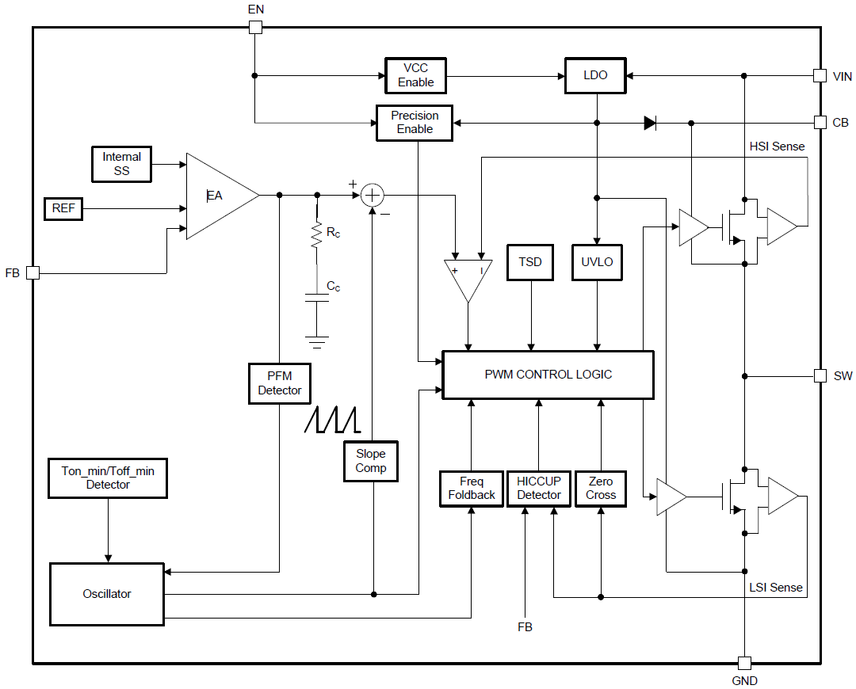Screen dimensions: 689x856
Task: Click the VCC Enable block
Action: [416, 75]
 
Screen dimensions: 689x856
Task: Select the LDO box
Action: [595, 75]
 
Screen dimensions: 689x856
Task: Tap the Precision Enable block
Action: [415, 123]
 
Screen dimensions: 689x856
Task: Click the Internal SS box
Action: [121, 164]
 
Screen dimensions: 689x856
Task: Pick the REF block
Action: [63, 209]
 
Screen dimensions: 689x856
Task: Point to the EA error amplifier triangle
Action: [218, 196]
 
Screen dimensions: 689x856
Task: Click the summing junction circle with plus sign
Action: [372, 195]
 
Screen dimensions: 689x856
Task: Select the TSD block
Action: [530, 262]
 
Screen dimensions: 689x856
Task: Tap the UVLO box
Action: [597, 262]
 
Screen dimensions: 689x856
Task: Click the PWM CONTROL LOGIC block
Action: [548, 375]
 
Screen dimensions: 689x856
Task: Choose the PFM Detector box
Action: [279, 383]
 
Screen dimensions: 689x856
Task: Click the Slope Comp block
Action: [370, 461]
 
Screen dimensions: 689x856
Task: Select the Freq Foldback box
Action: [471, 489]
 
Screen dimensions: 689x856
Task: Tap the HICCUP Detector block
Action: [538, 489]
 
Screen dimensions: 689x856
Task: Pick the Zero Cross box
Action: [601, 489]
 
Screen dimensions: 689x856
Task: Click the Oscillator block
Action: [107, 594]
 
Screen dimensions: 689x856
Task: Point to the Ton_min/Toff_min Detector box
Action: [108, 478]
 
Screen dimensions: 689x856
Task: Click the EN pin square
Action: [255, 28]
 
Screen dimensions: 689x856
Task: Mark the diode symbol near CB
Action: [650, 123]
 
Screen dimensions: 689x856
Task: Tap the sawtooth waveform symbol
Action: [333, 420]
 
